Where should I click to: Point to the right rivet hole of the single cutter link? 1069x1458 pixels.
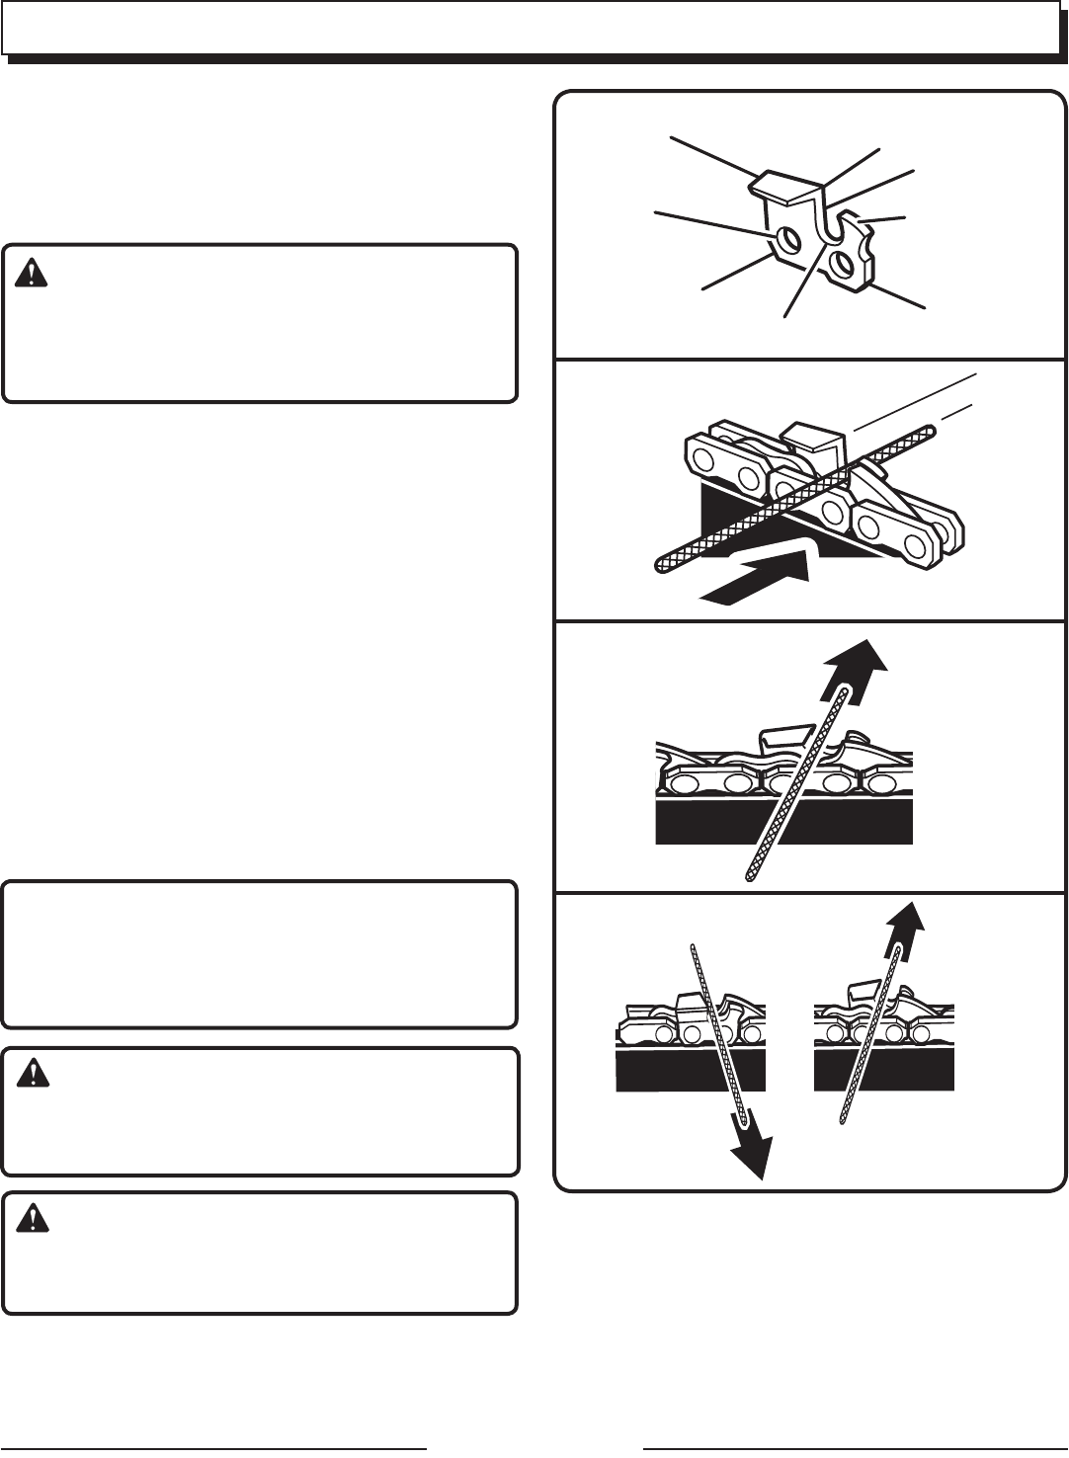point(843,263)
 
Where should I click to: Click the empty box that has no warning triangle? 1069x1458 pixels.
point(260,954)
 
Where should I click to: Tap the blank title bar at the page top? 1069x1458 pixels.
point(530,28)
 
